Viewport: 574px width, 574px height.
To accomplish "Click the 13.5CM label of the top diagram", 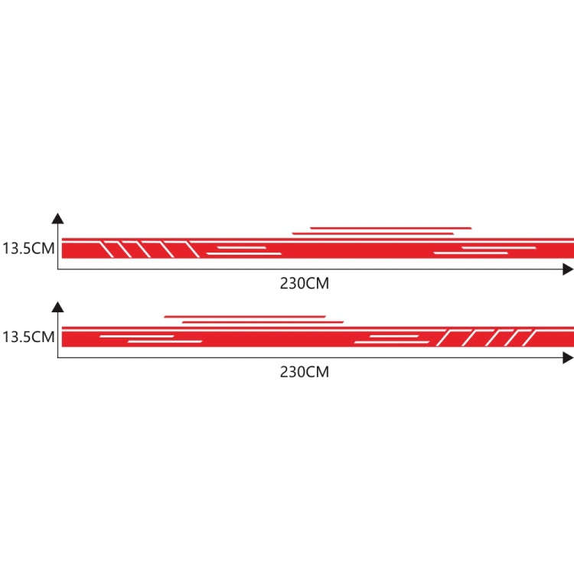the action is click(x=28, y=248).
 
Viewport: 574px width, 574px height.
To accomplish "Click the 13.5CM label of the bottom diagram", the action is click(x=28, y=337).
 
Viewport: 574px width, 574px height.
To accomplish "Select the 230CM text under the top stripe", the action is click(x=305, y=283).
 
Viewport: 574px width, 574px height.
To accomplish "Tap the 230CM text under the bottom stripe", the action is click(x=305, y=372).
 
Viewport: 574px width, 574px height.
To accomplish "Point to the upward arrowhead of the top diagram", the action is click(x=57, y=219).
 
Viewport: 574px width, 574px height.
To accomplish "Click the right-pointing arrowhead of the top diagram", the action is click(x=568, y=269).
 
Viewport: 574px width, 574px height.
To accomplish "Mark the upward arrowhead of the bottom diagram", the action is click(x=57, y=307).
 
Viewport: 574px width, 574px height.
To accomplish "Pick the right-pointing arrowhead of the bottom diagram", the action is click(x=568, y=357).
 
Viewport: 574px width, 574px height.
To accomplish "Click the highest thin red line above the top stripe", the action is click(x=390, y=228).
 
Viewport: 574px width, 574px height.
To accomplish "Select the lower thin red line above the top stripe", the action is click(x=373, y=233).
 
